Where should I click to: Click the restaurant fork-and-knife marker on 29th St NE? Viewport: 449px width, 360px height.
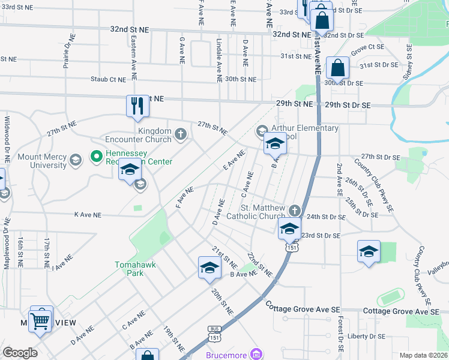point(137,106)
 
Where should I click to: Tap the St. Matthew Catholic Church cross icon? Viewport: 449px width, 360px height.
point(294,211)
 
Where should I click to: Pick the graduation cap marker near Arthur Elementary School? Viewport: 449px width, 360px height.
point(275,144)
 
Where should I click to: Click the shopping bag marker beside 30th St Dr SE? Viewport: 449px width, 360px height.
point(338,68)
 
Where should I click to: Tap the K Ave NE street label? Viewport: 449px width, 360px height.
point(88,214)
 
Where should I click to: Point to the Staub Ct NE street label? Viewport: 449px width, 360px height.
point(108,79)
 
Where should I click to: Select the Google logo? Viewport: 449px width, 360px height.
point(20,353)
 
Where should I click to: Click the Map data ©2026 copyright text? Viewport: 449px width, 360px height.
point(423,355)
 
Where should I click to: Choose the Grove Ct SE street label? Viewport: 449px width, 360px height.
point(367,47)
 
